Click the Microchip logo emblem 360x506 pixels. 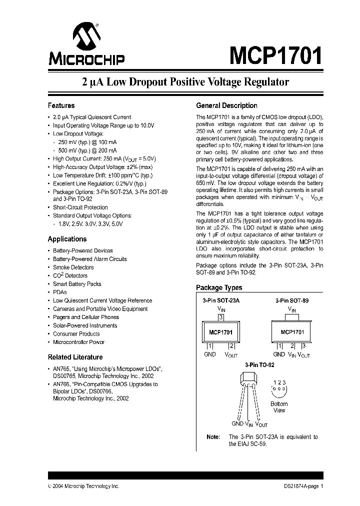(x=86, y=37)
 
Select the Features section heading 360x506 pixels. (x=61, y=106)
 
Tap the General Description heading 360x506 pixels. (x=226, y=106)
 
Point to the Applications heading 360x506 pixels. (x=67, y=239)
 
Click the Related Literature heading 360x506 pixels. (x=75, y=357)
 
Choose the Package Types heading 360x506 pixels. (x=219, y=287)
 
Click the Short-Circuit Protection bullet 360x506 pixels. (x=80, y=207)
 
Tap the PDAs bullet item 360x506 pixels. (x=59, y=292)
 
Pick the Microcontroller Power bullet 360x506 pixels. (x=78, y=342)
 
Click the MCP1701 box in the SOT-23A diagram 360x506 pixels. (x=220, y=332)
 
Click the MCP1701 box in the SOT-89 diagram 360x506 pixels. (x=292, y=331)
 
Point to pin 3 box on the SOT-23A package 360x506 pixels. (x=220, y=317)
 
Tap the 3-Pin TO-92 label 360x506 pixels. (x=259, y=365)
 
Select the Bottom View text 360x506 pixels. (x=279, y=407)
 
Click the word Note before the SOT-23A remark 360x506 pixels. (x=213, y=437)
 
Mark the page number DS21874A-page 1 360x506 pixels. (x=300, y=486)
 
